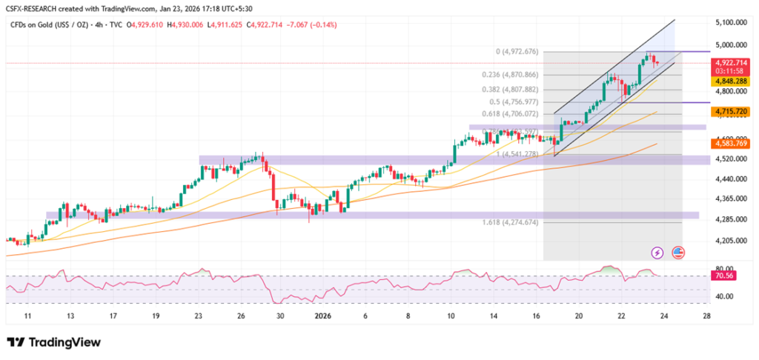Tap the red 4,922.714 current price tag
(729, 63)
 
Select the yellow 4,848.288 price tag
(729, 81)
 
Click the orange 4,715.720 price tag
(729, 111)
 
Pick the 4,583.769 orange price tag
(729, 143)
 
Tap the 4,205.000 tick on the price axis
(729, 241)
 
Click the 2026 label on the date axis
(324, 315)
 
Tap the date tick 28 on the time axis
(706, 315)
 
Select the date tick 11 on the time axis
(27, 315)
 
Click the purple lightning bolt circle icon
(657, 253)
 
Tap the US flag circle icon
(677, 253)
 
